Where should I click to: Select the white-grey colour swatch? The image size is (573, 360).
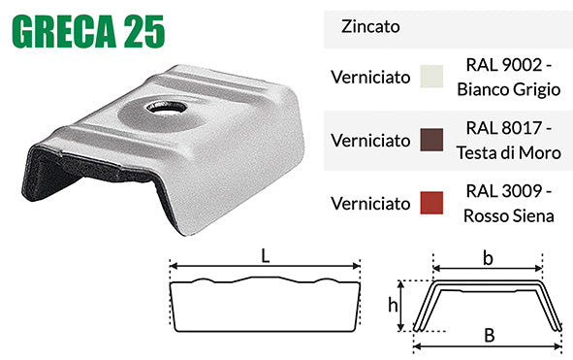click(x=430, y=77)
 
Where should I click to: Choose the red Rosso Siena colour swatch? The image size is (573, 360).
click(x=430, y=204)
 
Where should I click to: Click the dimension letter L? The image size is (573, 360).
click(x=266, y=254)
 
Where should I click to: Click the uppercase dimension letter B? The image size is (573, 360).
click(x=489, y=337)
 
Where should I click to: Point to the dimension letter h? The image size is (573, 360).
click(x=394, y=305)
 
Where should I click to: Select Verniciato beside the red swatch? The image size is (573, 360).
click(x=369, y=204)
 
